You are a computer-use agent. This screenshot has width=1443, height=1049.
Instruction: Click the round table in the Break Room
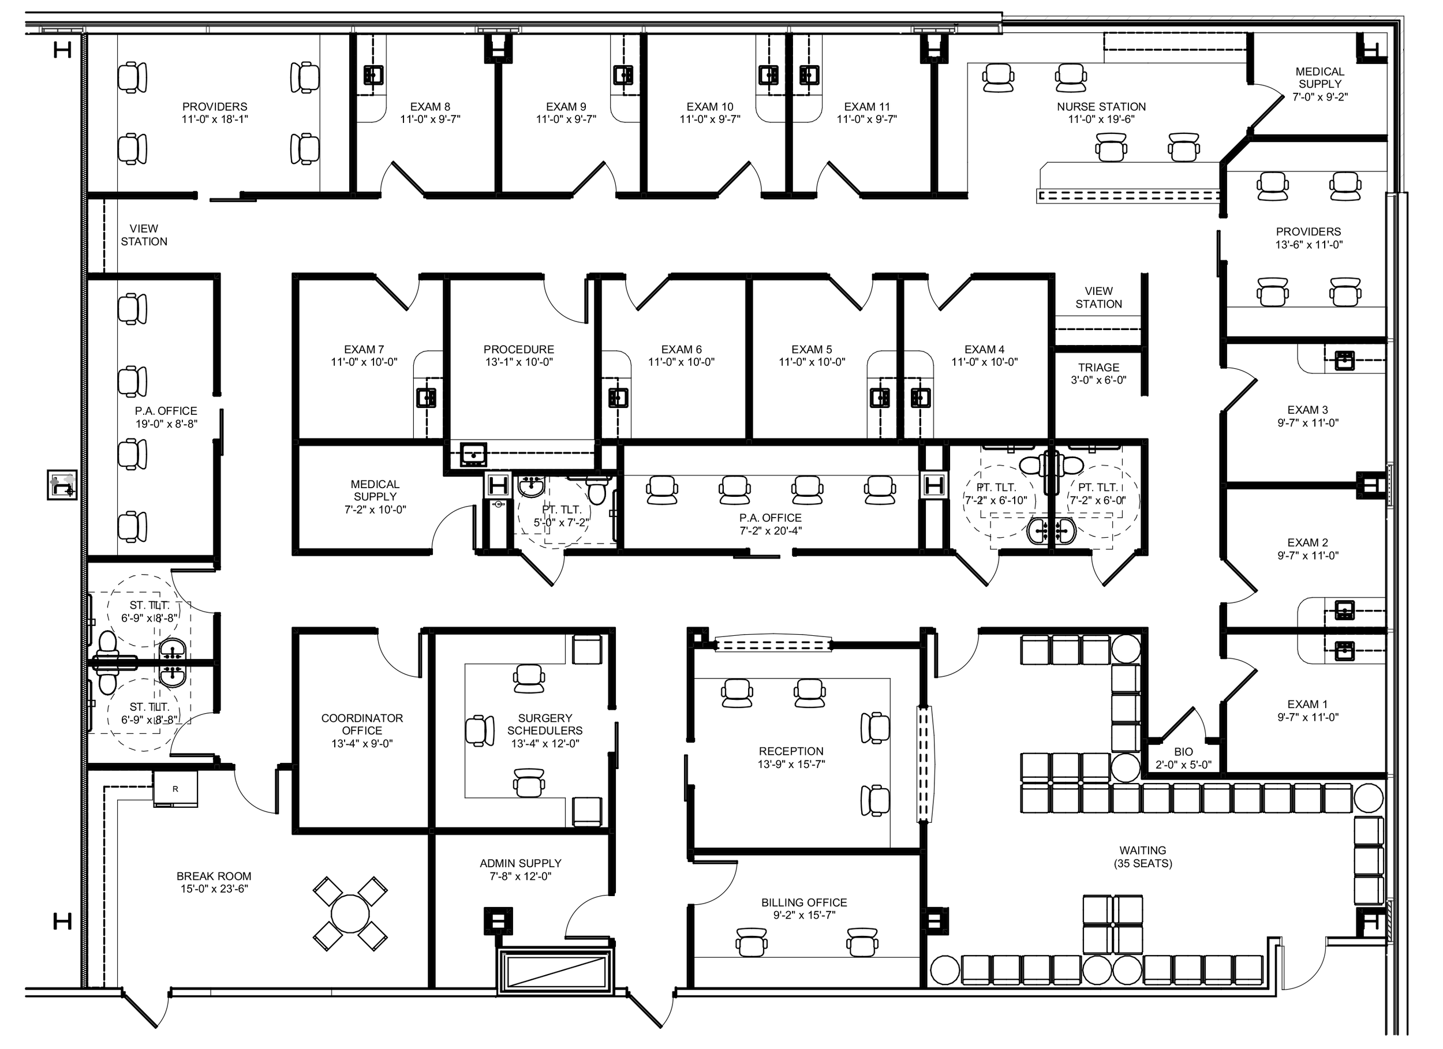click(350, 913)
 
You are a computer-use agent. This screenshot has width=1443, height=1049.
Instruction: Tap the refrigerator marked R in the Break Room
click(175, 789)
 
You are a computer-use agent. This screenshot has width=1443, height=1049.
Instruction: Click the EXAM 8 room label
click(430, 107)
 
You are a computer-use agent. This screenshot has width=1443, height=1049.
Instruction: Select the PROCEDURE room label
click(518, 349)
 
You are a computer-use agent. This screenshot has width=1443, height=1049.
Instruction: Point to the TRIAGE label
click(1098, 368)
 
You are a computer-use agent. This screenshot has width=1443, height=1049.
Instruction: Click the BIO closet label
click(1183, 752)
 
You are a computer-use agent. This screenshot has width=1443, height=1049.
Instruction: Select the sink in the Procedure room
click(473, 454)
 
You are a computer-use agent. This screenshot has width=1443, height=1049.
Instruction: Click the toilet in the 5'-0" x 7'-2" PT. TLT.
click(597, 492)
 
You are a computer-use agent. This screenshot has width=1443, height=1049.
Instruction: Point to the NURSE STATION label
click(1101, 107)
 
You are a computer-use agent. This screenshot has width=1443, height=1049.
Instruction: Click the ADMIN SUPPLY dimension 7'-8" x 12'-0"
click(521, 876)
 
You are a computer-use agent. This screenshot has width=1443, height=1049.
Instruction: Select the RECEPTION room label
click(791, 751)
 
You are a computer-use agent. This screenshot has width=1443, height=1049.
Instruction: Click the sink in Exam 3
click(1344, 360)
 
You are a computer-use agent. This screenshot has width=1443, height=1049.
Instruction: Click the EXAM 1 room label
click(1307, 704)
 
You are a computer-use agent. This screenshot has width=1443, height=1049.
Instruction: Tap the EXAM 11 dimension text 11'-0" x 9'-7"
click(866, 119)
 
